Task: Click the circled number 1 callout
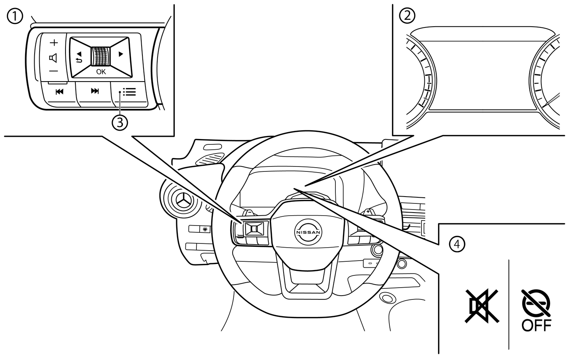pyautogui.click(x=15, y=17)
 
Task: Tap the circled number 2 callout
pyautogui.click(x=407, y=16)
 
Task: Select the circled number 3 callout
pyautogui.click(x=120, y=123)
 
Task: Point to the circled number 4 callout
pyautogui.click(x=457, y=244)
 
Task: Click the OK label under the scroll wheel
pyautogui.click(x=101, y=72)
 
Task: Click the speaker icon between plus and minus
pyautogui.click(x=53, y=58)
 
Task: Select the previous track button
pyautogui.click(x=59, y=91)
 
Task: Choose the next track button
pyautogui.click(x=94, y=91)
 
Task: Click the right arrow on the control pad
pyautogui.click(x=121, y=54)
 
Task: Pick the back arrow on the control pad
pyautogui.click(x=79, y=57)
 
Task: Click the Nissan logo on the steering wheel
pyautogui.click(x=308, y=232)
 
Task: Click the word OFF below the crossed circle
pyautogui.click(x=536, y=325)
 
